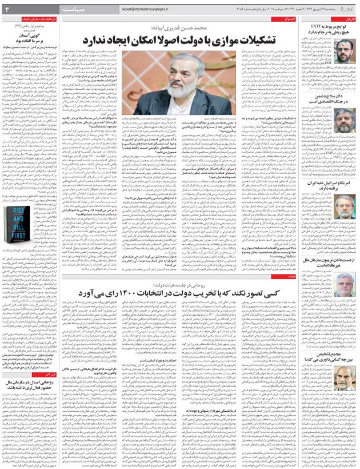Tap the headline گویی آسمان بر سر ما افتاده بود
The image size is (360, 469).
tap(39, 46)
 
